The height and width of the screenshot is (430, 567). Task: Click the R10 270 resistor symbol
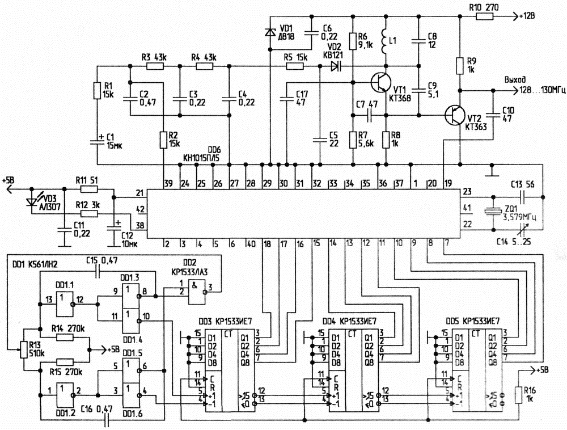coord(484,16)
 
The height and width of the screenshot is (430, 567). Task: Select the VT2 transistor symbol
coord(455,115)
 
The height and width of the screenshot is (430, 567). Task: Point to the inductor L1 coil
coord(386,40)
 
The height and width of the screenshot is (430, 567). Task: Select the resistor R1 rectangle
coord(96,90)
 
